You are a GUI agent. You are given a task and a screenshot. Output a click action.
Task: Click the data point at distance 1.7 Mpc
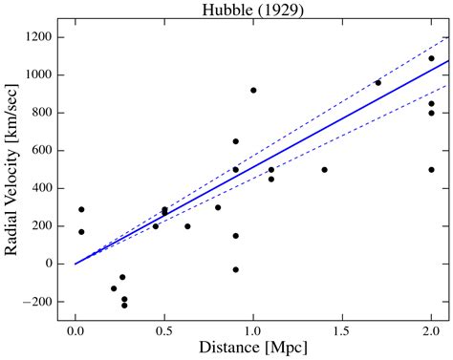coord(377,83)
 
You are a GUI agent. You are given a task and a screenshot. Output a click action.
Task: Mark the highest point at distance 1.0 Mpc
coord(253,91)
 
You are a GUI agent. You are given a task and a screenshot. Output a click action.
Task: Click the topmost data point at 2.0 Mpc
coord(431,58)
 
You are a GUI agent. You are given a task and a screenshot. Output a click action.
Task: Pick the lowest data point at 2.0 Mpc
coord(431,170)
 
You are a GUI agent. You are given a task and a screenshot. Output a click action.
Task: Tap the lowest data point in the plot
coord(124,306)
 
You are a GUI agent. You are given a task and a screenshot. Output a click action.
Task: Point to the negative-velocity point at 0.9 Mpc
coord(235,269)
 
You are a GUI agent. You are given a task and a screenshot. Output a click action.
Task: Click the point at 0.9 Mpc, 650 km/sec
coord(235,141)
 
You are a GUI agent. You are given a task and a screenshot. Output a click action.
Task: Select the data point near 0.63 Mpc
coord(187,226)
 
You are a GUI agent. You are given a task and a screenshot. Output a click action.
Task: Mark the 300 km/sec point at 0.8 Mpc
coord(218,207)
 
